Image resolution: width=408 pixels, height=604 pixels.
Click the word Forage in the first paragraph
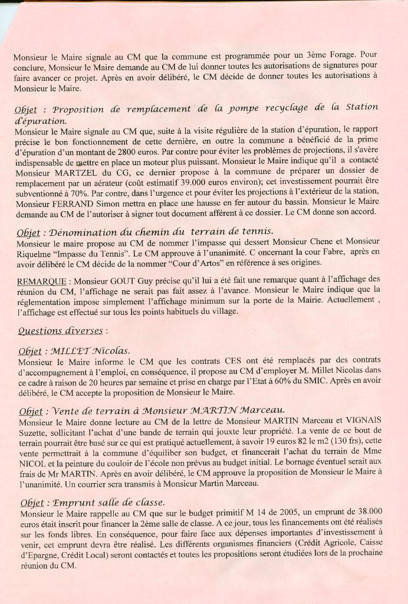(x=343, y=57)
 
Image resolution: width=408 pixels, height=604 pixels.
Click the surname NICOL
(x=35, y=463)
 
